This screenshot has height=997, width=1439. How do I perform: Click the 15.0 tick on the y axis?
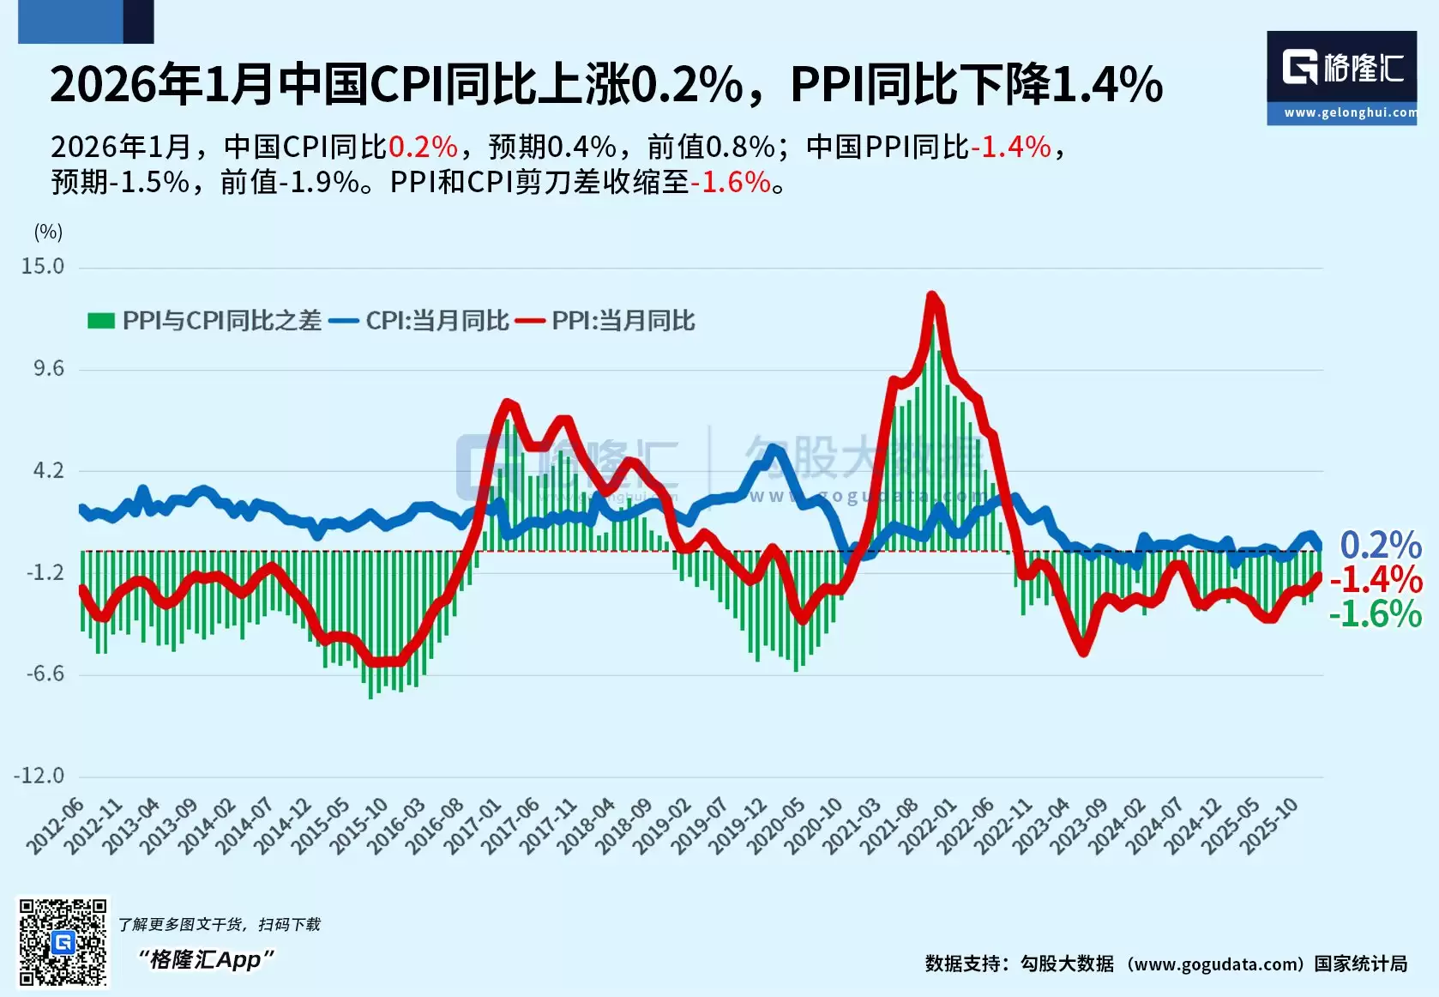pos(43,267)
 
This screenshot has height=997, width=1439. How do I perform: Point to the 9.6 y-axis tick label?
pos(49,369)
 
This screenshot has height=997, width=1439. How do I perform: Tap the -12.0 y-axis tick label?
pos(39,776)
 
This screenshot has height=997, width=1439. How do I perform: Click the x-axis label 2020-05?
pos(777,825)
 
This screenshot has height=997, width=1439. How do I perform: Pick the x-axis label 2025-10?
pos(1270,825)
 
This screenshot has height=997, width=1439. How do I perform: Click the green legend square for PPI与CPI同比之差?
pos(101,321)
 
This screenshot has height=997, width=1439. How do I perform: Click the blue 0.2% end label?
pos(1381,546)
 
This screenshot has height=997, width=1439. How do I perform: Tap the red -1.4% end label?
pos(1376,580)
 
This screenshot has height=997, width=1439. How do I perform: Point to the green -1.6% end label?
pos(1376,615)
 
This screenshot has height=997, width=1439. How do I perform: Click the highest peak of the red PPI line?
pos(932,296)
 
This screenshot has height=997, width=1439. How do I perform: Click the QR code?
pos(63,942)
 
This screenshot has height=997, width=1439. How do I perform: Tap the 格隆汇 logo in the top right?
pos(1342,69)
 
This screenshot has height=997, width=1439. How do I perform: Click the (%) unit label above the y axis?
pos(48,232)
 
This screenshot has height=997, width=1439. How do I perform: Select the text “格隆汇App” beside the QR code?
pos(206,959)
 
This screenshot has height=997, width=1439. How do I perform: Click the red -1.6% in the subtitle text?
pos(731,182)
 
